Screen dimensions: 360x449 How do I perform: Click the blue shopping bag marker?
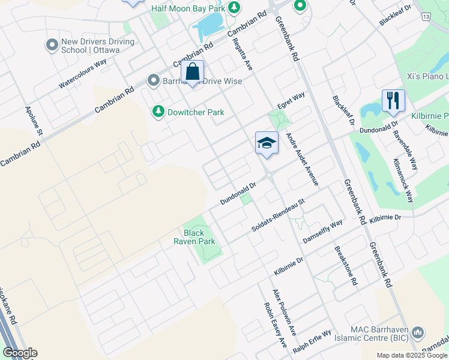[192, 73]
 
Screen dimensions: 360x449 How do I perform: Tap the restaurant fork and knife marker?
[393, 101]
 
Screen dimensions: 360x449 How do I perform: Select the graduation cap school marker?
[267, 143]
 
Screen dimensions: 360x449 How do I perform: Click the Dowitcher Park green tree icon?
[158, 111]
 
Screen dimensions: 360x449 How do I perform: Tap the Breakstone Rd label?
[351, 266]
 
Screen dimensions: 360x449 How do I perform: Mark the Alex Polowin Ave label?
[285, 312]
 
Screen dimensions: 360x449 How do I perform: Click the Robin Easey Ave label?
[276, 325]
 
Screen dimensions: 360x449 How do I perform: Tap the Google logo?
[20, 353]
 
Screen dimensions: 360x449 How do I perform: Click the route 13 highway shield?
[426, 17]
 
